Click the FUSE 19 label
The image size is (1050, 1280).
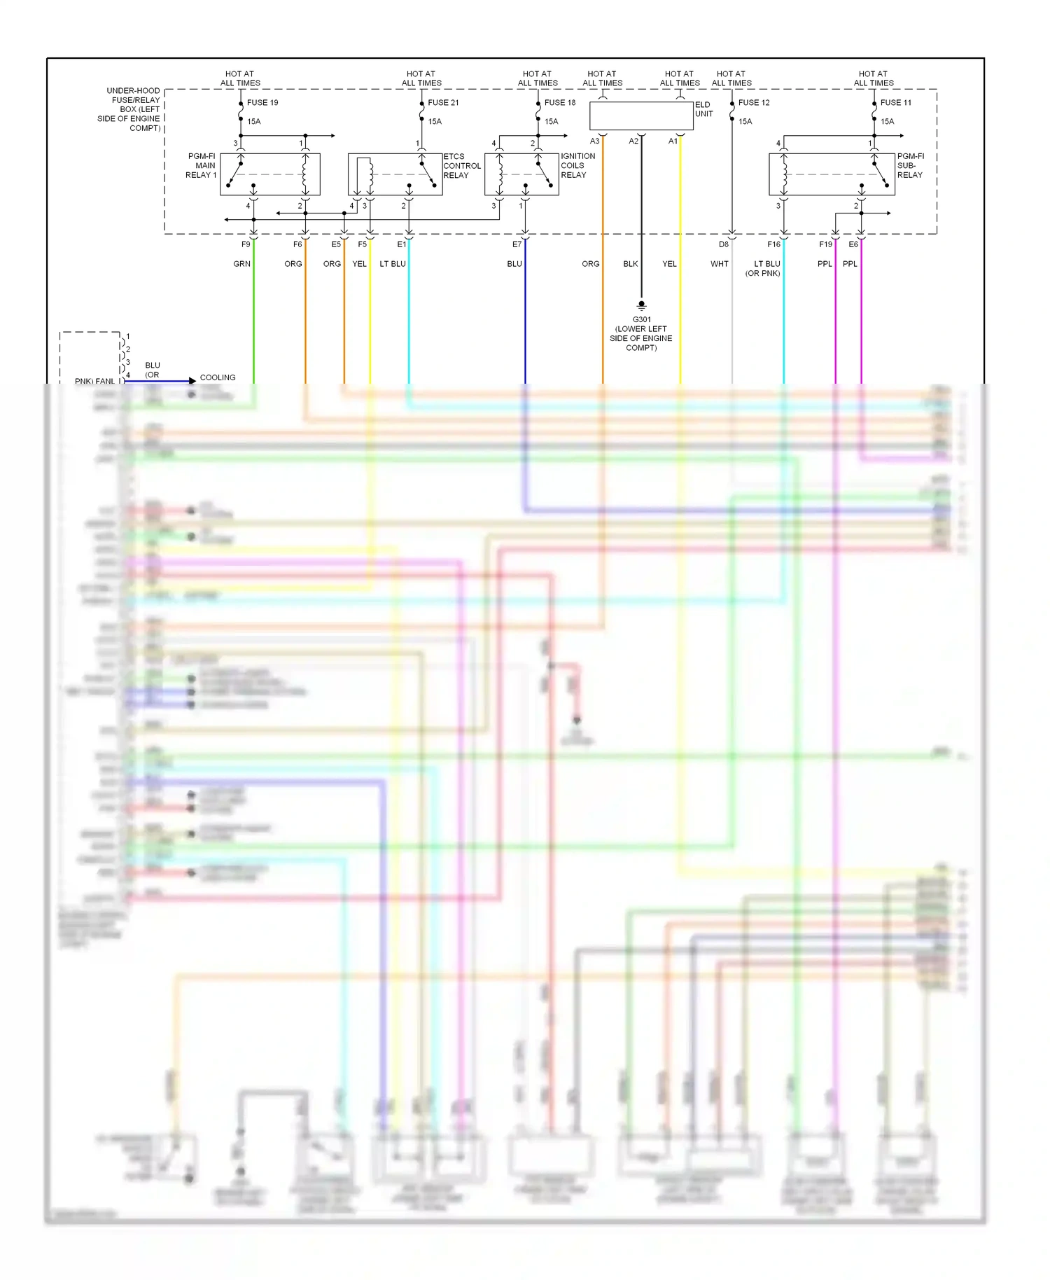tap(262, 102)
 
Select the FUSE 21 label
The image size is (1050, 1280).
tap(443, 102)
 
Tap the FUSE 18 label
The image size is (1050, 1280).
tap(560, 102)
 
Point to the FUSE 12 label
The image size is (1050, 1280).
tap(754, 102)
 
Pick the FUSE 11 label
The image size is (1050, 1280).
tap(896, 102)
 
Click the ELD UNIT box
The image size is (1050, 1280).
tap(641, 116)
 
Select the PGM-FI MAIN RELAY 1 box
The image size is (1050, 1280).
tap(270, 174)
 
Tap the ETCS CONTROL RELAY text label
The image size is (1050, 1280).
tap(462, 166)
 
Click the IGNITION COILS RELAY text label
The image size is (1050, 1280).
tap(577, 166)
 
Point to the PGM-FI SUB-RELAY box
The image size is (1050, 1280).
tap(832, 174)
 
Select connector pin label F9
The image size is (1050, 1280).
tap(246, 244)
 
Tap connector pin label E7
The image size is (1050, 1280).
tap(517, 244)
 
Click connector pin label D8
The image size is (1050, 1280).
tap(724, 244)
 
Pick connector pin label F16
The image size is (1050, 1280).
tap(773, 244)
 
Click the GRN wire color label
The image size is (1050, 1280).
tap(241, 264)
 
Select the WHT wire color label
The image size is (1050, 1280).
tap(720, 264)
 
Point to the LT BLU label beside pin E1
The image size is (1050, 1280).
tap(393, 264)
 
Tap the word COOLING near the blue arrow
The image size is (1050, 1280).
tap(218, 377)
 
